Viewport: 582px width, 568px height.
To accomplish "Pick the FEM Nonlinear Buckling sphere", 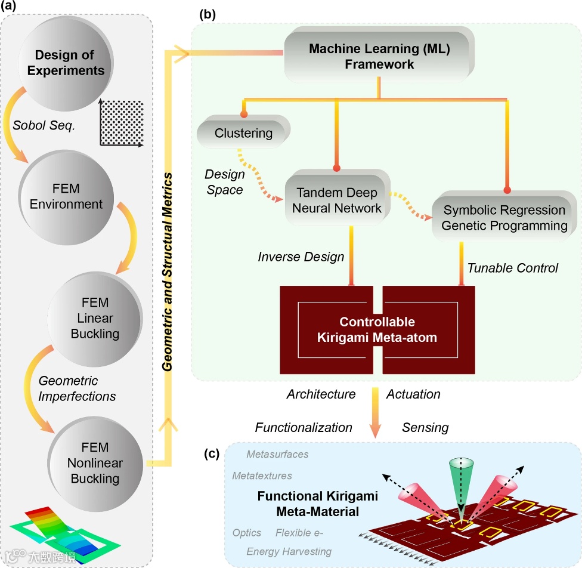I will [94, 462].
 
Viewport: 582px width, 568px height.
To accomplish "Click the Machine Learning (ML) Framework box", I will [379, 56].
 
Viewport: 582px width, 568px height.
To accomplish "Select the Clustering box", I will [243, 133].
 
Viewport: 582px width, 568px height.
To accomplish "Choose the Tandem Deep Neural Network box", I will [338, 199].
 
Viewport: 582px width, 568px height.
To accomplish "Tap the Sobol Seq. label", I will [43, 126].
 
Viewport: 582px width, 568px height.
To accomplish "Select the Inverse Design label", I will [301, 257].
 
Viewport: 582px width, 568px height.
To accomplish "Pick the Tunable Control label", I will [512, 268].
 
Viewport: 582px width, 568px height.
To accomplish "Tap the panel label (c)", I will [213, 453].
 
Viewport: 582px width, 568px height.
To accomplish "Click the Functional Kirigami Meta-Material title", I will [318, 504].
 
